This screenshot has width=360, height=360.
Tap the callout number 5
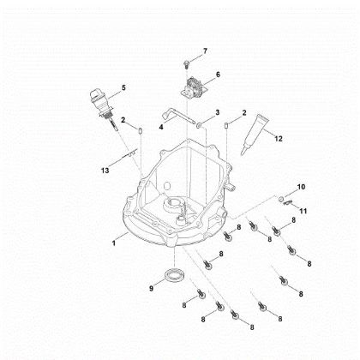pos(123,87)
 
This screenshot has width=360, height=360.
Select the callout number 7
pos(205,52)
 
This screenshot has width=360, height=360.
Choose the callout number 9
pos(151,289)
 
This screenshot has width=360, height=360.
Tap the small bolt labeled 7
pos(185,63)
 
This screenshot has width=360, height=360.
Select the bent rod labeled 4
pos(176,116)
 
